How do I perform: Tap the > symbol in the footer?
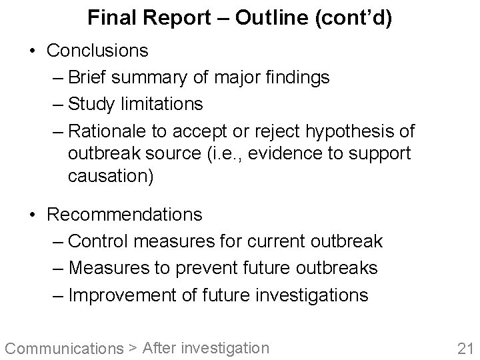coord(133,348)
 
